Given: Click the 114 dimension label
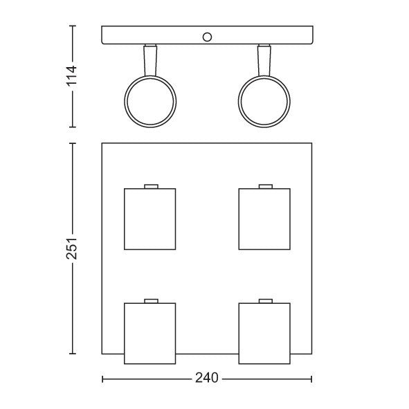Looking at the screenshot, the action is [72, 76].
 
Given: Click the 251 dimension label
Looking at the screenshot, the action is [72, 248].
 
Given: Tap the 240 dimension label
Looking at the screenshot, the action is [207, 378].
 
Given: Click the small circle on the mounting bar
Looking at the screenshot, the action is [207, 37].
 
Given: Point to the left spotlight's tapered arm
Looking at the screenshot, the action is [150, 60].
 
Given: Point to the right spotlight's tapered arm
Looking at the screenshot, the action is [264, 60].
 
